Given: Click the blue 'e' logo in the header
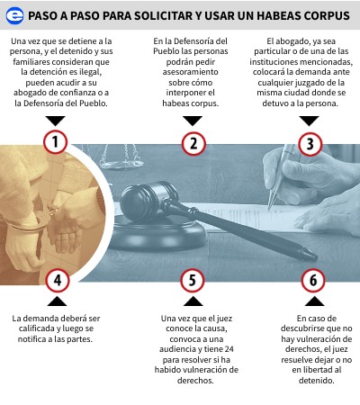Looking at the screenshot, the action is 14,15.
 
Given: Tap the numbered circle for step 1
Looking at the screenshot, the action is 55,142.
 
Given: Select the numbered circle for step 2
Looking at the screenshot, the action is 193,144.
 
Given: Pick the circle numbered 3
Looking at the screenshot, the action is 310,144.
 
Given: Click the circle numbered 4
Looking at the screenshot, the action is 58,280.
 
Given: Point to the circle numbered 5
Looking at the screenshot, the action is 193,280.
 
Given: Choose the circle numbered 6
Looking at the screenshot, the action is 313,280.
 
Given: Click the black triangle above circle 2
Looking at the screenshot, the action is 193,121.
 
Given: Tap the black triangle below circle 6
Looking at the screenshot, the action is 314,301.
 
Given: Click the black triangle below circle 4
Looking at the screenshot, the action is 57,301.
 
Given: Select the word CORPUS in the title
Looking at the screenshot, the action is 327,15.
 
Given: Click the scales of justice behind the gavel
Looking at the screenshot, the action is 120,156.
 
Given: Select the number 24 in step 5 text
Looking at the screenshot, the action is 229,349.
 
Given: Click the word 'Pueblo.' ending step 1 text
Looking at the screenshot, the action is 94,103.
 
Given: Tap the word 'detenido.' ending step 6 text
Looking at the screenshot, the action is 316,381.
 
